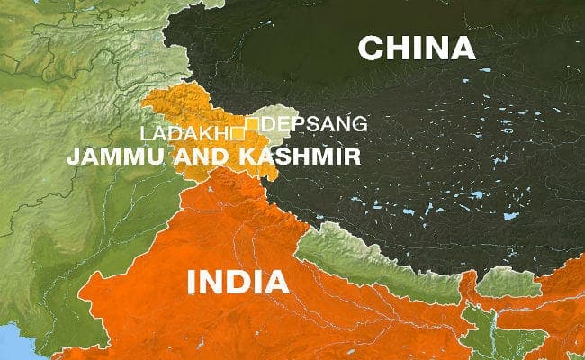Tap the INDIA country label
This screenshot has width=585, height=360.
(238, 281)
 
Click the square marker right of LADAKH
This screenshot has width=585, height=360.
(238, 133)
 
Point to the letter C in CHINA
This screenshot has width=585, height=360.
(371, 48)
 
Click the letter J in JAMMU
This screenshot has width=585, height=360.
(71, 156)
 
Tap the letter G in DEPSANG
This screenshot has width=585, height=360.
(359, 123)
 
